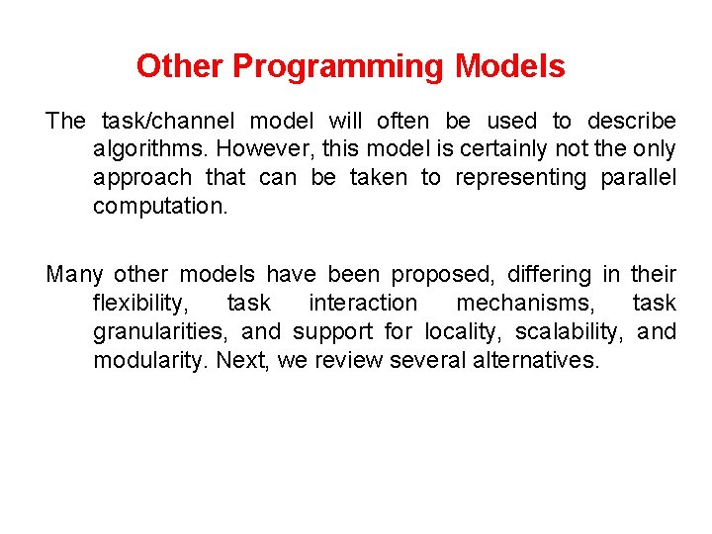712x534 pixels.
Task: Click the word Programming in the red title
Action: (x=338, y=67)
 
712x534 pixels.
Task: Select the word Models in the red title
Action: (x=510, y=66)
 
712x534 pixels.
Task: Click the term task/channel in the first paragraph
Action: (x=168, y=122)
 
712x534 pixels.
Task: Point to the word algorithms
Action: (x=150, y=149)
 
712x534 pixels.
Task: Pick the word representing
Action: (x=520, y=178)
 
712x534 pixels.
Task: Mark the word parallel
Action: (x=639, y=178)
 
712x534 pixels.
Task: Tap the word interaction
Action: (x=363, y=303)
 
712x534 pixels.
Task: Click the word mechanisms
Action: (x=524, y=303)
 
